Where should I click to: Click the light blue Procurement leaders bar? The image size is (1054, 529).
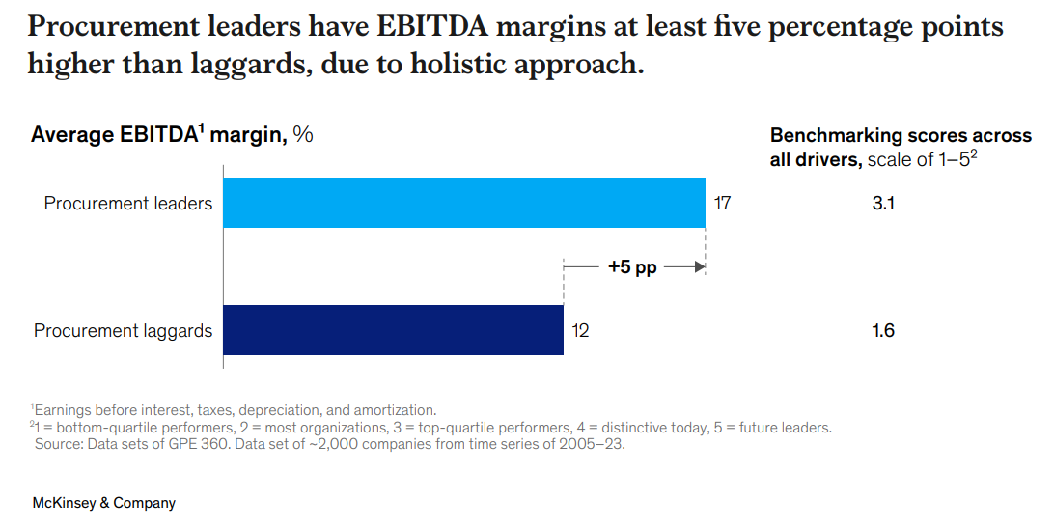tap(464, 203)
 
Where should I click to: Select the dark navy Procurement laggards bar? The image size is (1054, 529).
tap(393, 330)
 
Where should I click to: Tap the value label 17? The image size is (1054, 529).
tap(722, 204)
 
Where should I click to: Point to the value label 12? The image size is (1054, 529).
tap(579, 331)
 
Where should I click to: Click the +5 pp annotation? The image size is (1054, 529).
tap(632, 267)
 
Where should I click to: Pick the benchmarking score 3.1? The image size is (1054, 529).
tap(883, 204)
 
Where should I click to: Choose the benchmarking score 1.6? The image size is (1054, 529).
tap(883, 331)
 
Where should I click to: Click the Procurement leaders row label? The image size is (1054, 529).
tap(128, 204)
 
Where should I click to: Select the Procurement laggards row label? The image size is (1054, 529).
tap(124, 331)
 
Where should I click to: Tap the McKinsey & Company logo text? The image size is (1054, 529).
tap(104, 503)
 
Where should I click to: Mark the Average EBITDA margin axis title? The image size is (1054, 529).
tap(172, 135)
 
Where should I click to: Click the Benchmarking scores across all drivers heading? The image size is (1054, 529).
tap(900, 148)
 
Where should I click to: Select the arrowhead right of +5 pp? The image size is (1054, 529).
tap(700, 267)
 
